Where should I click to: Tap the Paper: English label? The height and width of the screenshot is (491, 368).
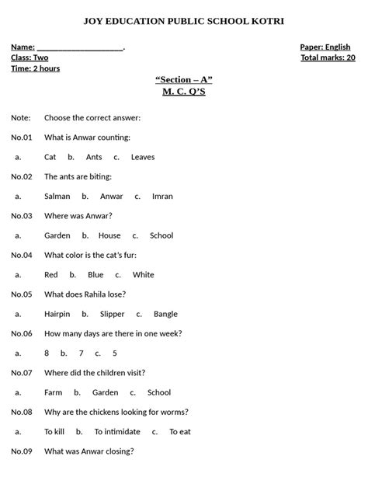point(325,47)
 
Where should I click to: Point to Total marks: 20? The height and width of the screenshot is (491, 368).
point(328,58)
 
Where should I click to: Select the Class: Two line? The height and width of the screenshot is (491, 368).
point(30,58)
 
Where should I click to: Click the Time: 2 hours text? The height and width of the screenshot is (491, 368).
point(35,68)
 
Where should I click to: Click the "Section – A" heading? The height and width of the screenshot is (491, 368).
point(184,80)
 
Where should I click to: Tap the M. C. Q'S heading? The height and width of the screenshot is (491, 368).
point(184,92)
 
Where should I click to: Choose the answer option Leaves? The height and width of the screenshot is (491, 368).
point(143,157)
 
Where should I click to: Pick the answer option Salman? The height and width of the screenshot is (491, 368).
point(57,197)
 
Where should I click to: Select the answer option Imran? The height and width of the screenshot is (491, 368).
point(162,197)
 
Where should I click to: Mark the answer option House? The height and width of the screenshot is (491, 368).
point(109,235)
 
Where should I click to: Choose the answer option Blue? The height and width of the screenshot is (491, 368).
point(95,275)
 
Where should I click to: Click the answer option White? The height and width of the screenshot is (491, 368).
point(144,275)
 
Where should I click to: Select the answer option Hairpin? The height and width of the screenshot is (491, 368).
point(57,314)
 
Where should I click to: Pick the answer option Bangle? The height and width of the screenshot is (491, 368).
point(165,314)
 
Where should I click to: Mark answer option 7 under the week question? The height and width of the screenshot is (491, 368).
point(82,353)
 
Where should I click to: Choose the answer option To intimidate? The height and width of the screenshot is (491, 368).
point(117,432)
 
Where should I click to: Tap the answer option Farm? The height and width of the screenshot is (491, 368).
point(54,392)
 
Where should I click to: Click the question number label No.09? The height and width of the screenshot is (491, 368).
point(22,451)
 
